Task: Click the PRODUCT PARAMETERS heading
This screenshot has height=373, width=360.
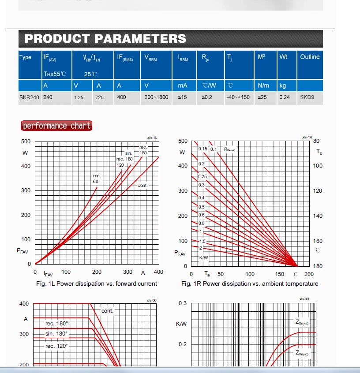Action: tap(105, 38)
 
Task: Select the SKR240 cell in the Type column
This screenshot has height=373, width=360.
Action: tap(29, 97)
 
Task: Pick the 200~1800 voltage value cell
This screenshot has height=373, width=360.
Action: tap(156, 97)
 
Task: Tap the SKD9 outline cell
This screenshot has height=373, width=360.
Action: tap(307, 97)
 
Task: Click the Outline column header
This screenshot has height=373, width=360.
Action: tap(310, 57)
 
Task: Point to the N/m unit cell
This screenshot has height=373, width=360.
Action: tap(263, 86)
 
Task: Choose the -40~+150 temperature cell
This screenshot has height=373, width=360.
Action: tap(238, 97)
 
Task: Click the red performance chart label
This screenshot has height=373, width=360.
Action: tap(56, 126)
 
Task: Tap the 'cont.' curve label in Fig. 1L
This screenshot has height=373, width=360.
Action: tap(142, 186)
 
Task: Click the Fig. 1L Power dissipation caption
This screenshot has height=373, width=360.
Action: tap(96, 283)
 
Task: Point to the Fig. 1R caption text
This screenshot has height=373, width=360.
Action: tap(250, 283)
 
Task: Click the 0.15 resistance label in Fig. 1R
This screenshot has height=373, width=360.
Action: tap(202, 149)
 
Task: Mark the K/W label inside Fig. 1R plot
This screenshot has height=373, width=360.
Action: tap(204, 257)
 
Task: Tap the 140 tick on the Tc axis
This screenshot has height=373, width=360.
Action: tap(318, 216)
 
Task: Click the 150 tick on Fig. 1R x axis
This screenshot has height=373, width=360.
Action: tap(280, 274)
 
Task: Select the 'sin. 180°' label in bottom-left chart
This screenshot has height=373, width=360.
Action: tap(56, 334)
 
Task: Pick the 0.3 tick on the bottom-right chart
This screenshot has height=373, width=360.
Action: tap(183, 303)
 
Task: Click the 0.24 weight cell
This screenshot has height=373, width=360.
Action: tap(285, 97)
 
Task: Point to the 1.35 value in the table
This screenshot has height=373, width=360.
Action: tap(79, 97)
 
